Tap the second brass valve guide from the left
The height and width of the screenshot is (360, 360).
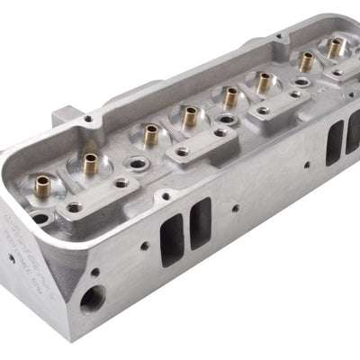[x=90, y=162]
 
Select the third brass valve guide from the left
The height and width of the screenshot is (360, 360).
[x=150, y=135]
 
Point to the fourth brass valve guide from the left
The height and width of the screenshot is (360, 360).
[x=190, y=115]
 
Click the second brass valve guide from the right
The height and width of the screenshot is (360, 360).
[x=306, y=60]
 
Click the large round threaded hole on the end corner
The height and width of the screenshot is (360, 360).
[x=93, y=298]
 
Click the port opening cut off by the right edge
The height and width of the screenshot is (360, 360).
[x=353, y=132]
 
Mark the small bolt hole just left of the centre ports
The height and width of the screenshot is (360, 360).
[x=145, y=245]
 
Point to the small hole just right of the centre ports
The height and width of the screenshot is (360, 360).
[x=236, y=209]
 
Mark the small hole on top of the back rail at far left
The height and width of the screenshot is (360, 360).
[x=88, y=118]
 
